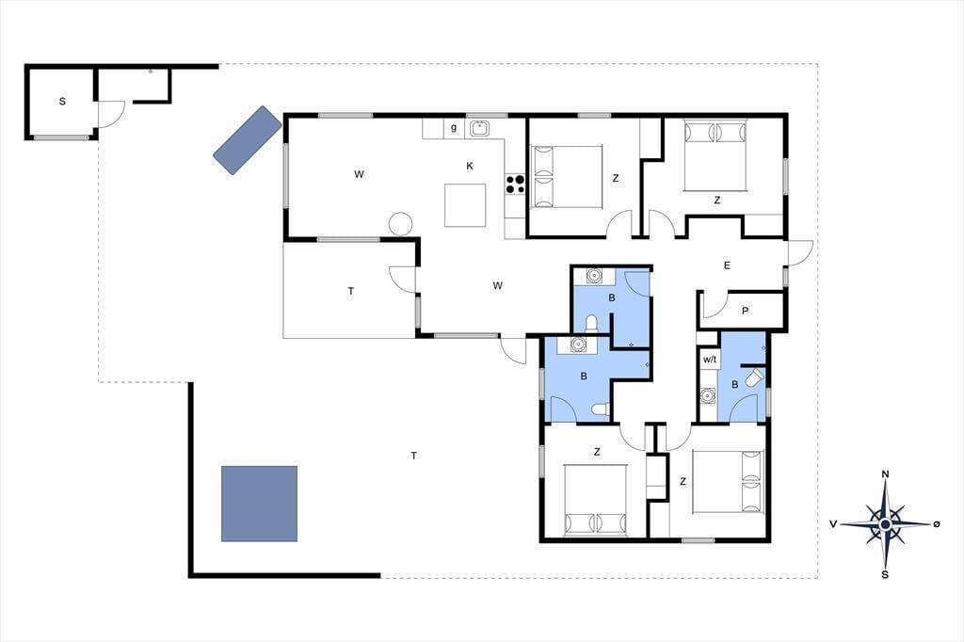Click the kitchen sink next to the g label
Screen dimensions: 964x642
point(479,129)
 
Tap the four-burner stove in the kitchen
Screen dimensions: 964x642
point(515,184)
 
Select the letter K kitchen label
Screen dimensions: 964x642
point(470,166)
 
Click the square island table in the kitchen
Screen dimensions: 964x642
point(465,205)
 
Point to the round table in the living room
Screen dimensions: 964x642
point(400,224)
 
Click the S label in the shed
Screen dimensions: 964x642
point(62,102)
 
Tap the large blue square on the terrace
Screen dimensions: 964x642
point(260,504)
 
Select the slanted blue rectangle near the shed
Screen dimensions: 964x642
point(248,140)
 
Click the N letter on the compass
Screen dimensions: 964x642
point(885,474)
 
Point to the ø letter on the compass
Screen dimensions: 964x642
point(937,524)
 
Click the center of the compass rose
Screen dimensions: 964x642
point(885,524)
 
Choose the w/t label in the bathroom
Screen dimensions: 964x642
point(710,360)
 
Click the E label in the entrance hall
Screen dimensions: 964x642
point(727,265)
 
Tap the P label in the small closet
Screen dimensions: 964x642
point(746,312)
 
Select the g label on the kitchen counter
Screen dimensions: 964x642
point(454,128)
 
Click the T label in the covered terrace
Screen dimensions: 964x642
point(351,291)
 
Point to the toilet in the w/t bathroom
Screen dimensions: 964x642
point(754,377)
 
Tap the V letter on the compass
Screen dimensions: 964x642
point(834,524)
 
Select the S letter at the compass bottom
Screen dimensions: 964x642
point(885,575)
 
